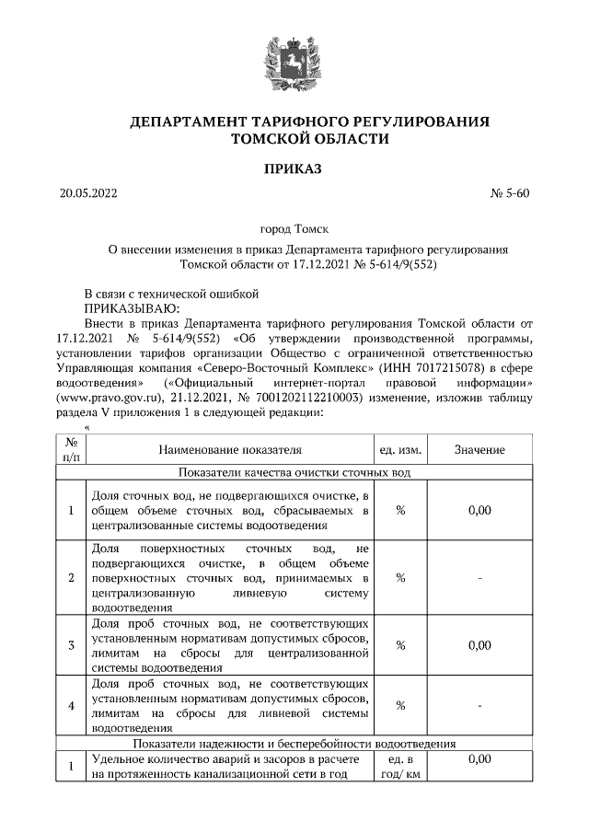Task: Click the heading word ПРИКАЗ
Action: [x=294, y=168]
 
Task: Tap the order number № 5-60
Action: [x=511, y=194]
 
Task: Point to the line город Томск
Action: [x=294, y=227]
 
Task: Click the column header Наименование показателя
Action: [x=229, y=449]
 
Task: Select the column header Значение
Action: [x=479, y=449]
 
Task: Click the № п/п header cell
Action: [x=71, y=449]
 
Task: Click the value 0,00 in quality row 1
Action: [x=479, y=510]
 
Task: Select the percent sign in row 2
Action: [x=400, y=577]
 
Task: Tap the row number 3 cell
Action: [x=71, y=644]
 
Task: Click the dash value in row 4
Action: [x=479, y=705]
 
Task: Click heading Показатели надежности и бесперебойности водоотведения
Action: [x=294, y=743]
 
